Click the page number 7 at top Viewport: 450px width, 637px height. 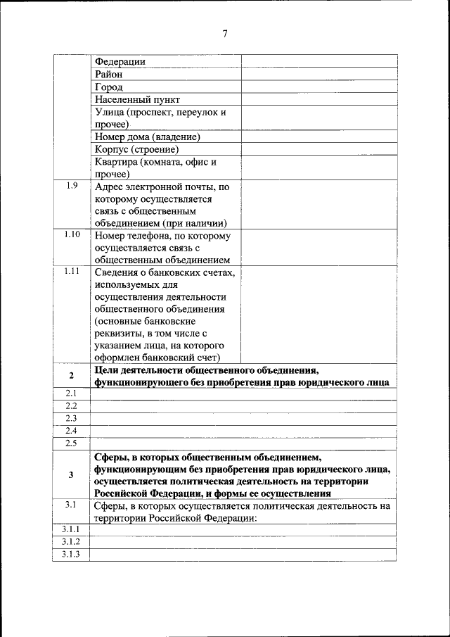(225, 34)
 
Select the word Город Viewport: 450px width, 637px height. (109, 87)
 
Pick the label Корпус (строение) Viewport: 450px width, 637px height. (136, 150)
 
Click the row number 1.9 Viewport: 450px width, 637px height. (71, 186)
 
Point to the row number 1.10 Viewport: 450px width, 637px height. (71, 235)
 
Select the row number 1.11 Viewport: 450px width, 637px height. (71, 272)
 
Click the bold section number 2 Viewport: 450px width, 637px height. (71, 376)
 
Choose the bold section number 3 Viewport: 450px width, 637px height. (71, 474)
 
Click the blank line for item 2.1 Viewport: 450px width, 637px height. (243, 394)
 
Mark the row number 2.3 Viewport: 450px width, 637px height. (71, 419)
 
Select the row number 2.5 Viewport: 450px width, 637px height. (71, 443)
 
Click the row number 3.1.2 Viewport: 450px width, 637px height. (71, 541)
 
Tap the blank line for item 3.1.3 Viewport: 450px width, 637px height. (243, 555)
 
